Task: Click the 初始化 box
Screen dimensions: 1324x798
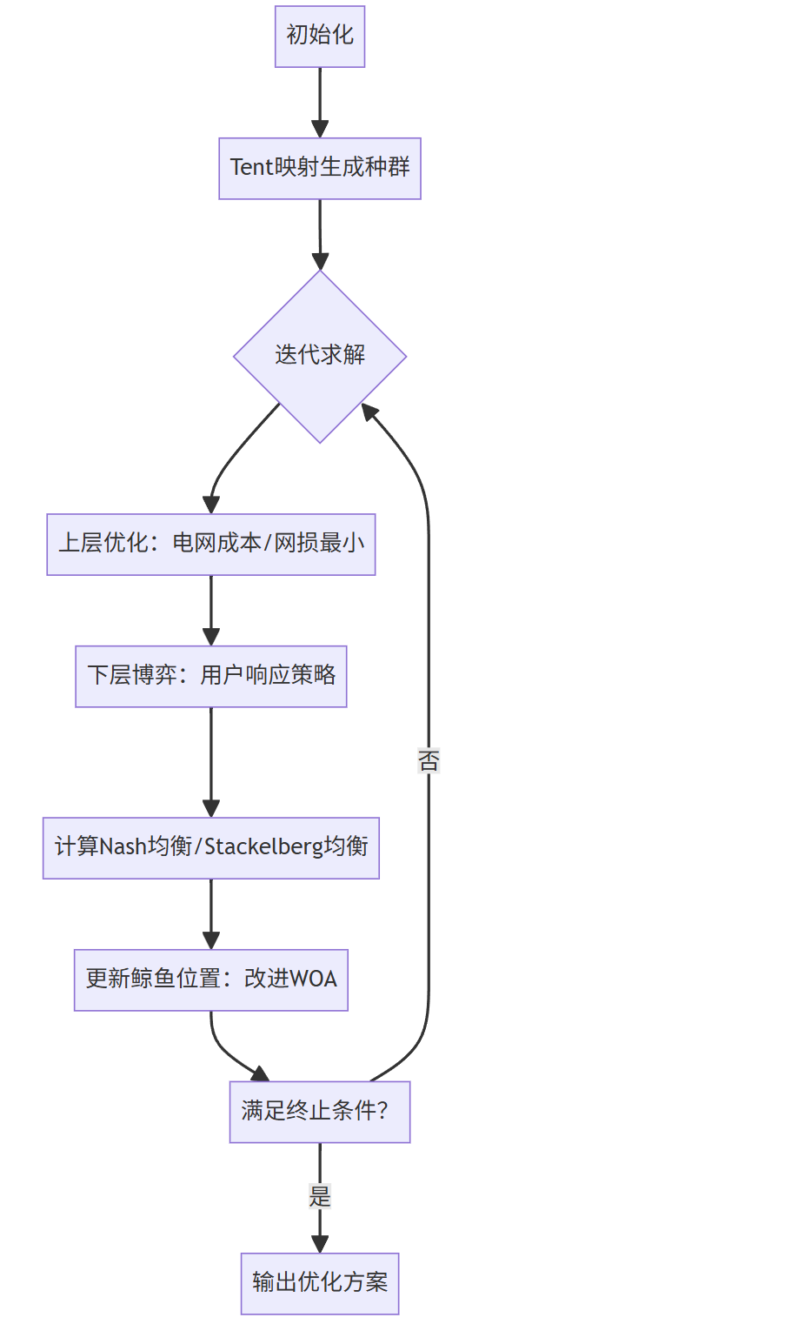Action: [x=320, y=37]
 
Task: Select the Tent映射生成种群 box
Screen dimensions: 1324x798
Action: [x=320, y=168]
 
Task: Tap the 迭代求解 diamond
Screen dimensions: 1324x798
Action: [x=320, y=356]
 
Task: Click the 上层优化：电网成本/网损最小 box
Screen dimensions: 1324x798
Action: [x=211, y=544]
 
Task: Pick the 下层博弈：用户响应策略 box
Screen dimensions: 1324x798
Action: [x=211, y=676]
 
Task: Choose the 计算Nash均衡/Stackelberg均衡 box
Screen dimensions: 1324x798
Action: [x=211, y=847]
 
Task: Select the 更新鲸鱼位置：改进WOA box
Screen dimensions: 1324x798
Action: [x=211, y=980]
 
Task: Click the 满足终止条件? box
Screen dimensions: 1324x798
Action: [x=320, y=1112]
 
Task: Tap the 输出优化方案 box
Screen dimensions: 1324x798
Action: [x=320, y=1283]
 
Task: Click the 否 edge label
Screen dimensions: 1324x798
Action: [x=429, y=761]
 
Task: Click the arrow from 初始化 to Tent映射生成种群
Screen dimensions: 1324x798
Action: [x=320, y=102]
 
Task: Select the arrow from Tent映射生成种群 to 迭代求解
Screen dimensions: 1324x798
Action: [x=320, y=234]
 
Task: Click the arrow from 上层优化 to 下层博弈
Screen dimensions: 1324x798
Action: [x=211, y=610]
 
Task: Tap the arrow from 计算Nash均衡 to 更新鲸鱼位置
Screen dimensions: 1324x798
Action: [x=211, y=913]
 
